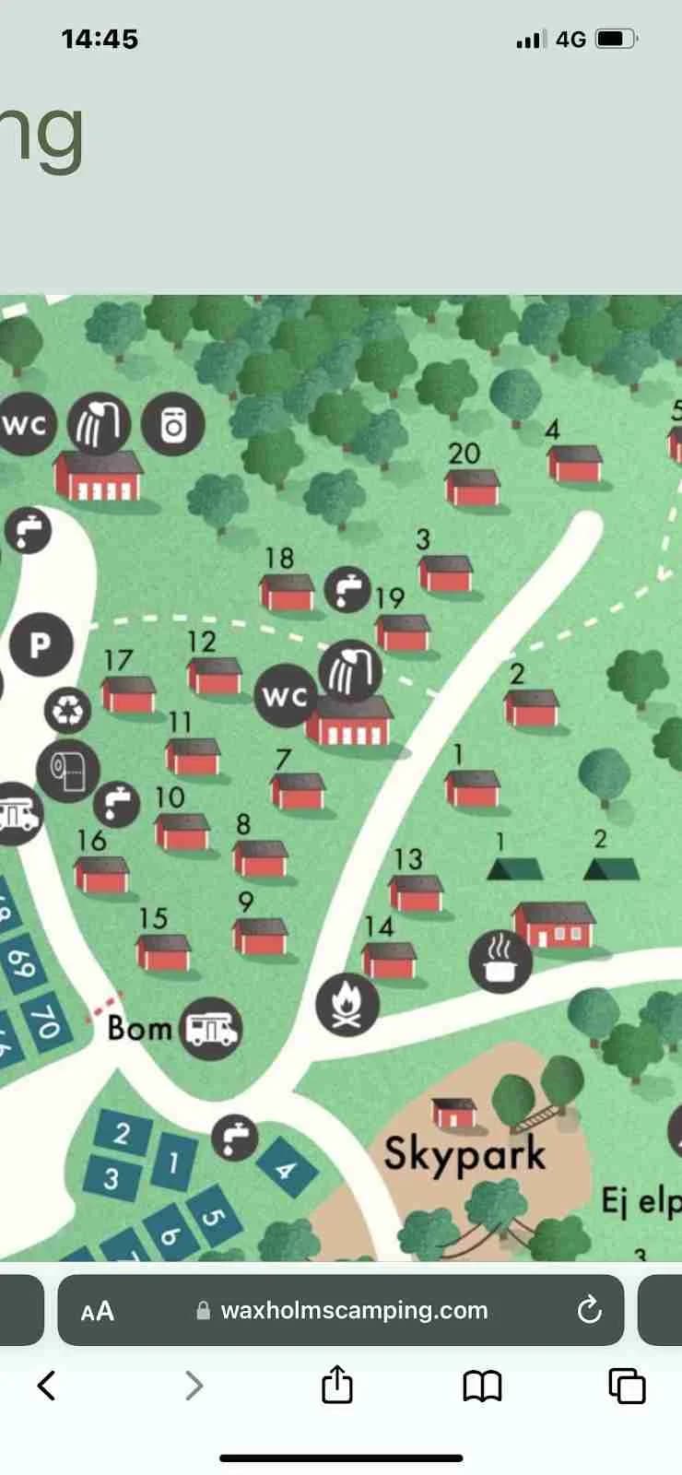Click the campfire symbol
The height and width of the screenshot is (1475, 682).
(x=347, y=1003)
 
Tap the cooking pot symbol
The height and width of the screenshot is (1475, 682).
(x=500, y=961)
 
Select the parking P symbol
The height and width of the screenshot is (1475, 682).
(x=41, y=644)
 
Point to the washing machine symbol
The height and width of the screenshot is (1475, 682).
(x=173, y=424)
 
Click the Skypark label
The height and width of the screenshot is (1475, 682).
(x=464, y=1154)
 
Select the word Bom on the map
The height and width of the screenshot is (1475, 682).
(x=139, y=1027)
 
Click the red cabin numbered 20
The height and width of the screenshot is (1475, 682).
(x=473, y=488)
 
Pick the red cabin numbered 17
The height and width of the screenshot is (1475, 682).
(x=128, y=694)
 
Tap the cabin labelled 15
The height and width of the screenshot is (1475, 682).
(x=164, y=952)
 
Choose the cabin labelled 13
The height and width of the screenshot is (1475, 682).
(x=417, y=892)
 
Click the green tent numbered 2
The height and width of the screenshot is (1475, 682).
(x=611, y=868)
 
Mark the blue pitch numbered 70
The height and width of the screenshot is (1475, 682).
(x=45, y=1020)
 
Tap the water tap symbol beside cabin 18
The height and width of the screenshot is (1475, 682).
(x=347, y=587)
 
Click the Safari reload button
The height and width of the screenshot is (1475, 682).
(x=589, y=1310)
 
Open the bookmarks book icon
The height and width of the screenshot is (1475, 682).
(x=482, y=1385)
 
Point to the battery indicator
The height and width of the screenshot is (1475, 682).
(x=616, y=39)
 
